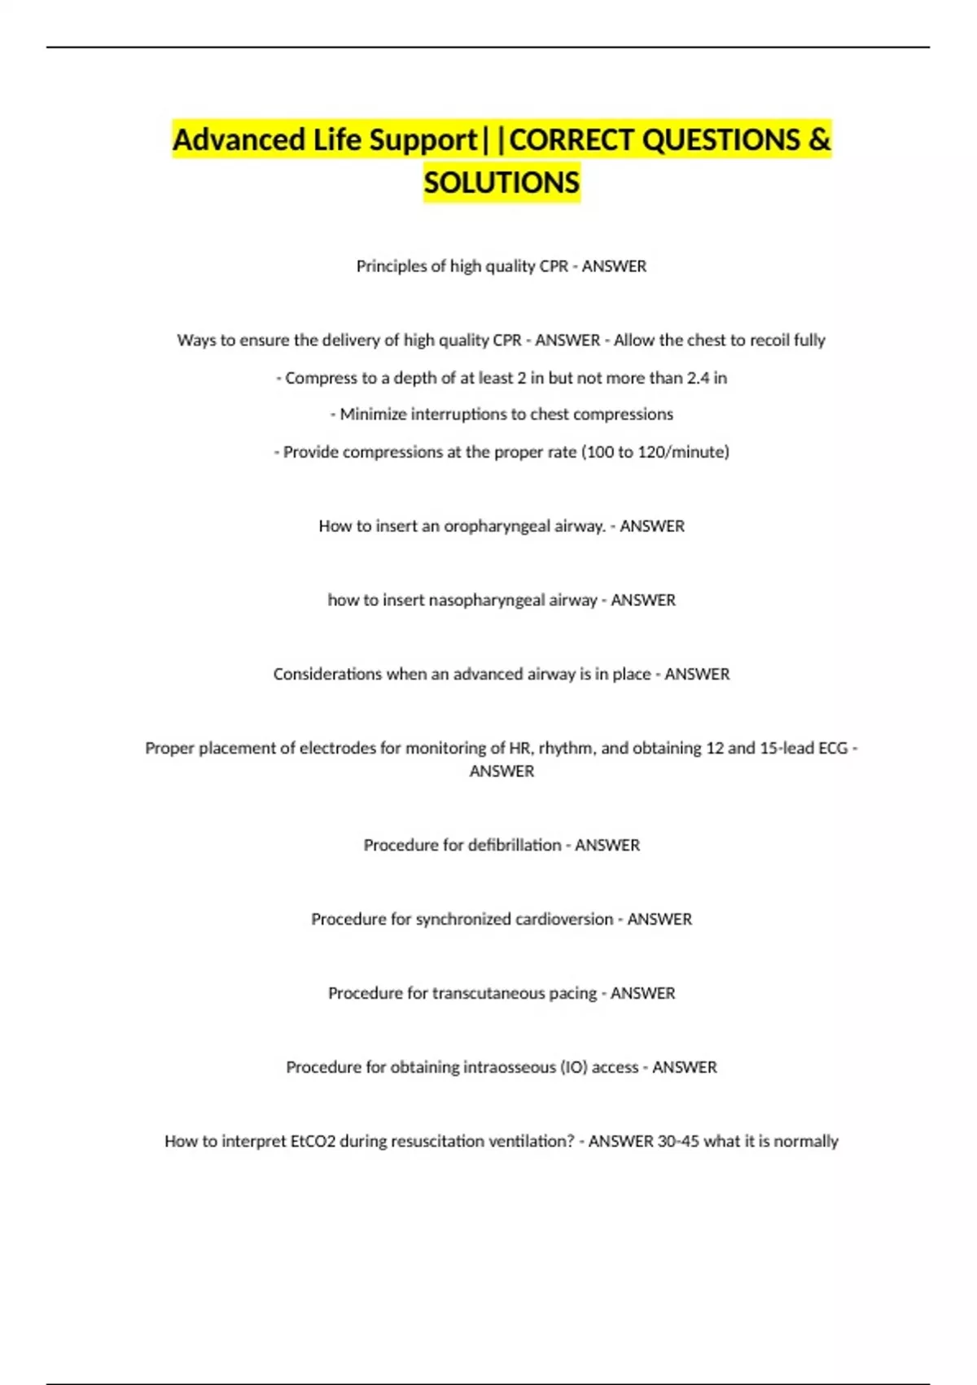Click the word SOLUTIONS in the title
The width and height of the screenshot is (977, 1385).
coord(502,182)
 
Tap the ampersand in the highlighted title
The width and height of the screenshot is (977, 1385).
coord(819,140)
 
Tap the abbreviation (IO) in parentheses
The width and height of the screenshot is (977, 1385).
coord(574,1067)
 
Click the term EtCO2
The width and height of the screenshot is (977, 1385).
coord(313,1141)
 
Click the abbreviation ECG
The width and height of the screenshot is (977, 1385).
coord(833,748)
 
